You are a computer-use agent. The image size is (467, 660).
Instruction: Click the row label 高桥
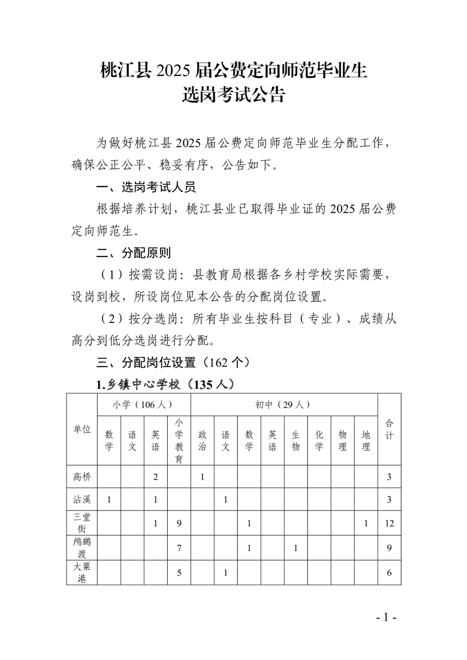point(81,476)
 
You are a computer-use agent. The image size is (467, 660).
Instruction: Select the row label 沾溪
point(81,499)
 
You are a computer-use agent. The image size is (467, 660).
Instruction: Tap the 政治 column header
point(202,441)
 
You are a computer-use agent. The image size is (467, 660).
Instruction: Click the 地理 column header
point(366,441)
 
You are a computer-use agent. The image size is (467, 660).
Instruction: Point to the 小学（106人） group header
point(144,405)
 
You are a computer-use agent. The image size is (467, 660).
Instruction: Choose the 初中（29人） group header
point(283,405)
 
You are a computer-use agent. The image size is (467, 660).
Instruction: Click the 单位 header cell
point(81,429)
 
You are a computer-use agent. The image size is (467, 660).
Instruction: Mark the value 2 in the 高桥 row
point(155,476)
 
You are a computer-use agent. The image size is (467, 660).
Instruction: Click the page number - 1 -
point(387,618)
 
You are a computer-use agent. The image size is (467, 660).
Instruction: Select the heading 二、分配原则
point(134,254)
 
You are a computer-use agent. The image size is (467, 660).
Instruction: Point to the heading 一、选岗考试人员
point(146,188)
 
